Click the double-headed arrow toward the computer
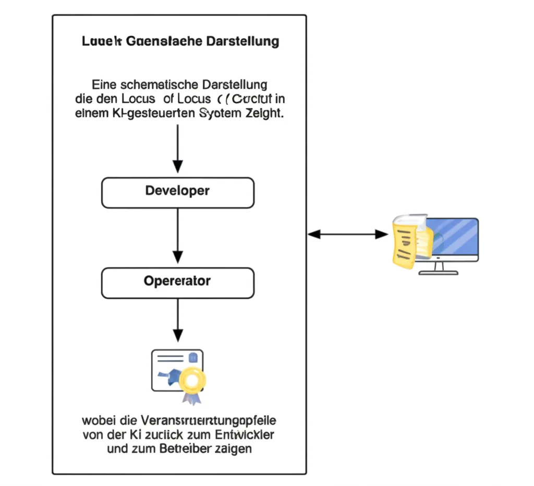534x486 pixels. point(348,235)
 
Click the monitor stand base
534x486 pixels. point(440,272)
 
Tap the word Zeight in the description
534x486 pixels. point(264,114)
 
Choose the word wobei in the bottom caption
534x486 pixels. point(96,420)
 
